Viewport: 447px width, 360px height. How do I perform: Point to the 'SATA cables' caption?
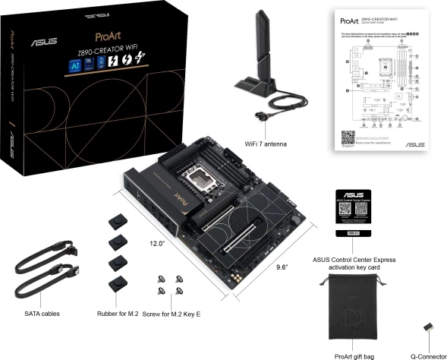[x=41, y=313]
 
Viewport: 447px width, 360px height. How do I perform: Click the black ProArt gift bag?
[x=354, y=309]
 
